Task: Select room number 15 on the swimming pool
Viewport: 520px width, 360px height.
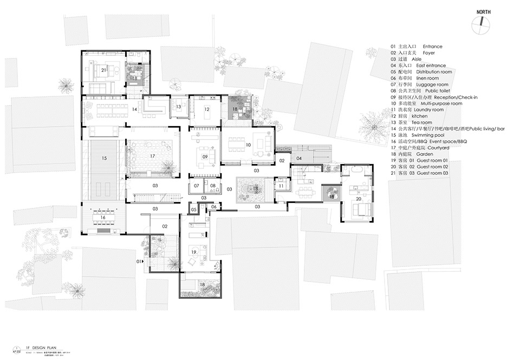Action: click(x=103, y=159)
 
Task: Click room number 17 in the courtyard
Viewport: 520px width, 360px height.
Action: click(x=153, y=155)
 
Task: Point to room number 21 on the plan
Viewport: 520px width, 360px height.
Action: click(x=103, y=70)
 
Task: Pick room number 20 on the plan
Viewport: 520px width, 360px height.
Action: click(x=357, y=199)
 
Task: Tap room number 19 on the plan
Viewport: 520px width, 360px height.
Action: click(x=192, y=252)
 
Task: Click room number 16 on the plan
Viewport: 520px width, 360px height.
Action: click(x=103, y=217)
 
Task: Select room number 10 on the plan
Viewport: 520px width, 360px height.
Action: click(x=249, y=145)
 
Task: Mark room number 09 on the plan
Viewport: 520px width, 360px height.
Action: click(x=205, y=156)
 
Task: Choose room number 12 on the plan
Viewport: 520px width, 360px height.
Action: click(x=206, y=109)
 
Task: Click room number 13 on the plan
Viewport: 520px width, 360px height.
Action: click(x=178, y=107)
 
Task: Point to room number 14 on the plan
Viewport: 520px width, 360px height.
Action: click(x=134, y=109)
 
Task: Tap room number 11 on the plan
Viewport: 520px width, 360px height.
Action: click(x=281, y=186)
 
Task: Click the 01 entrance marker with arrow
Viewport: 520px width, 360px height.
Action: click(x=139, y=262)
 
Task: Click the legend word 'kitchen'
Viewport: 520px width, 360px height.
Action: click(x=420, y=116)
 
